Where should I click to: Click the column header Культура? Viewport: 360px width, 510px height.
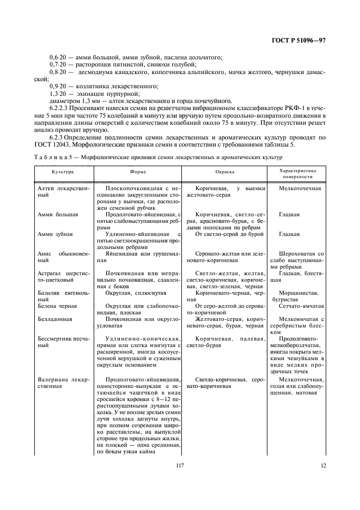click(63, 171)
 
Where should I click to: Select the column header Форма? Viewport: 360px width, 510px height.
click(137, 171)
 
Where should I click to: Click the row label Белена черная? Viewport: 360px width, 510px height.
click(57, 306)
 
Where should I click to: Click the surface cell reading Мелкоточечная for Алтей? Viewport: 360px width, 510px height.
click(300, 188)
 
